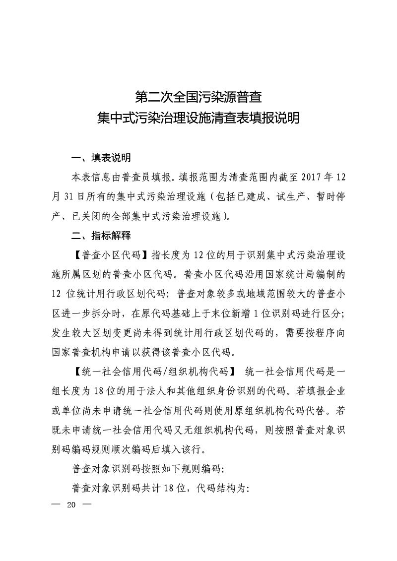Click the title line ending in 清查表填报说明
(x=198, y=119)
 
